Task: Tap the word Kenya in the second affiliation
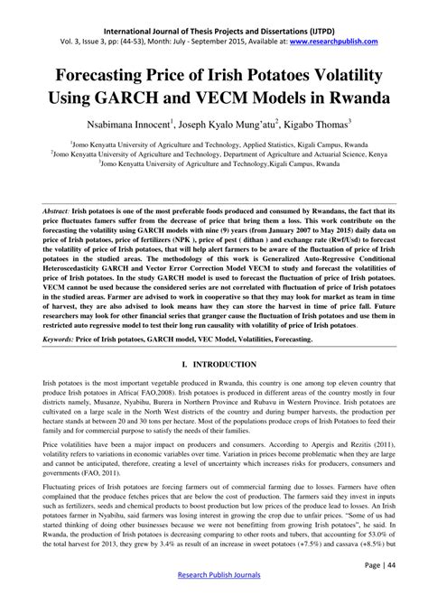[402, 154]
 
